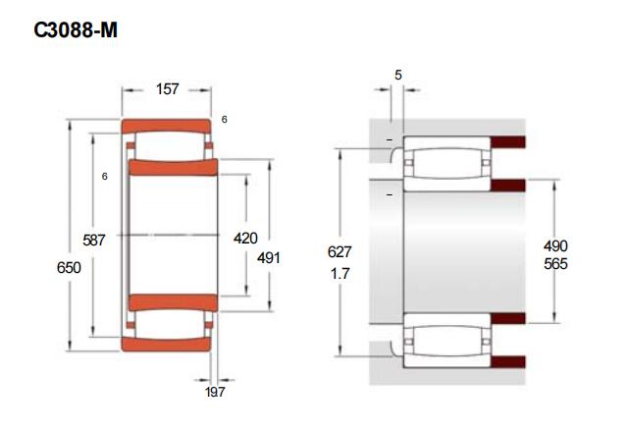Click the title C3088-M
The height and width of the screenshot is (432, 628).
76,30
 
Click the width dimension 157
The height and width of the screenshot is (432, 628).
168,89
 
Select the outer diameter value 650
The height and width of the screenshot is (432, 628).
69,268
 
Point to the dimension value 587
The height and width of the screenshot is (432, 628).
94,240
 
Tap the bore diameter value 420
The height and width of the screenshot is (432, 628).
245,239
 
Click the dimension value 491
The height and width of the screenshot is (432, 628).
269,258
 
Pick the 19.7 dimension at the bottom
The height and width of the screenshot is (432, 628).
215,393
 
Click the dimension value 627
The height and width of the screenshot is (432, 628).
340,252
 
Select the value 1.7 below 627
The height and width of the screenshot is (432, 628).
340,274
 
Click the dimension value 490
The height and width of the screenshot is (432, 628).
555,245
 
